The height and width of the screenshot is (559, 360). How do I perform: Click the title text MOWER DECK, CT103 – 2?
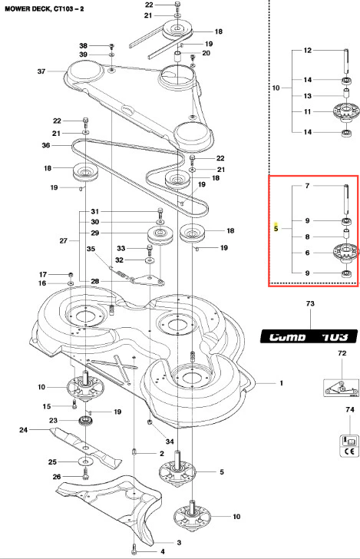(x=44, y=8)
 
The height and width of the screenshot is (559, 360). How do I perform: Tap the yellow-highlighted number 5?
(x=276, y=228)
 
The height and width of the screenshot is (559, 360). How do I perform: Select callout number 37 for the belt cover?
(x=41, y=71)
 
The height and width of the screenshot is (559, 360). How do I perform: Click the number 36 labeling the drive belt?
(x=46, y=145)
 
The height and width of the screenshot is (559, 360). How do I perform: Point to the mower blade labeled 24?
(x=85, y=448)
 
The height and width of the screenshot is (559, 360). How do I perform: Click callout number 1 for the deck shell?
(x=281, y=383)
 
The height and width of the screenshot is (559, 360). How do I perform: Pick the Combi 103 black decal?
(x=309, y=336)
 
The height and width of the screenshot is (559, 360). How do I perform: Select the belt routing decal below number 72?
(x=341, y=388)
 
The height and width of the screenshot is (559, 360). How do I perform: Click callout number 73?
(x=310, y=303)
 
